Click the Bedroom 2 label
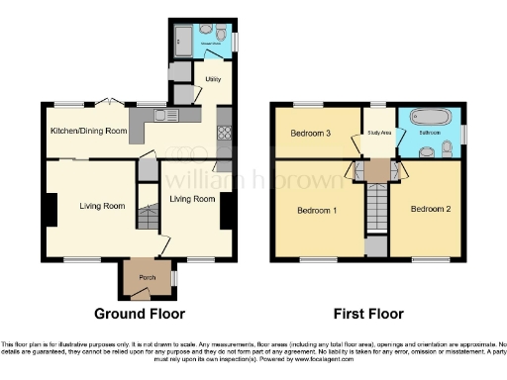click(x=431, y=209)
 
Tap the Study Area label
click(x=378, y=131)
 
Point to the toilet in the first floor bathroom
click(x=449, y=148)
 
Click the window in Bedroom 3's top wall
click(x=308, y=103)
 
